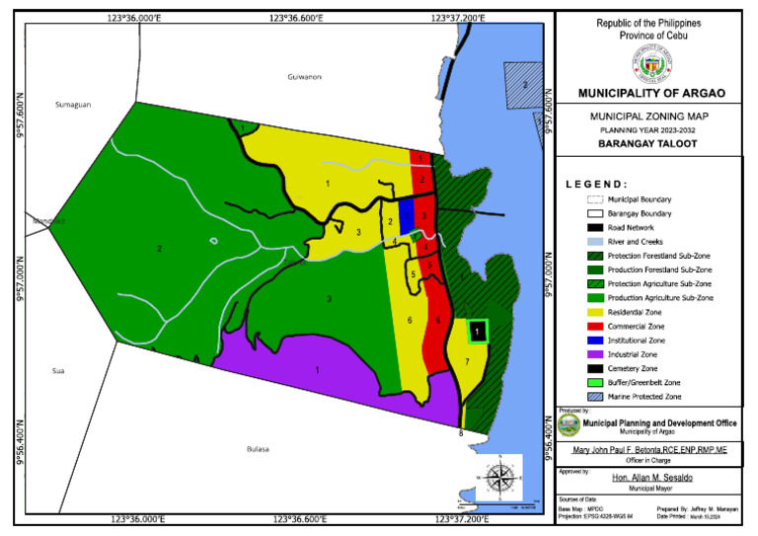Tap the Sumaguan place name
pos(72,104)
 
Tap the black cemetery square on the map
pos(477,333)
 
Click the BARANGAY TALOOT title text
pos(650,142)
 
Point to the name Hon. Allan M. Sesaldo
pos(650,477)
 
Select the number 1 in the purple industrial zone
pos(317,370)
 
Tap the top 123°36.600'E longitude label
pos(302,17)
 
